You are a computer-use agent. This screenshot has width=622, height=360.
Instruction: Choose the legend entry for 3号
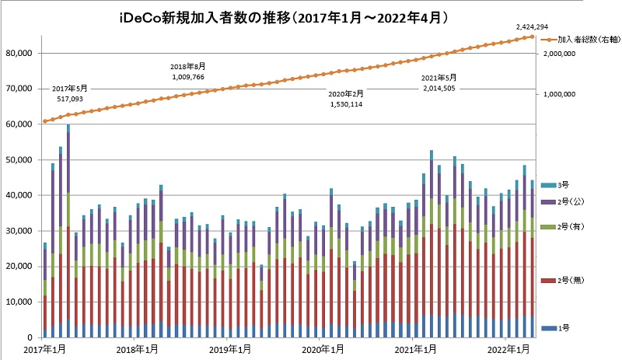click(565, 184)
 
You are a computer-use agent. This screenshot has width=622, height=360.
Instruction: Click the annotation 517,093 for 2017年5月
click(70, 99)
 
